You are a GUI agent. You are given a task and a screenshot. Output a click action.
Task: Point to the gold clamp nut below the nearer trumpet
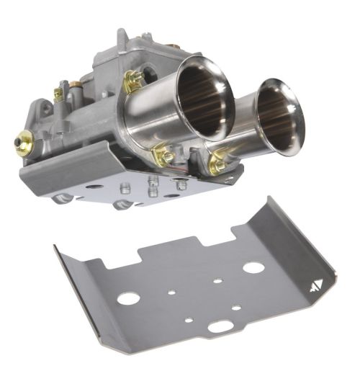point(163,155)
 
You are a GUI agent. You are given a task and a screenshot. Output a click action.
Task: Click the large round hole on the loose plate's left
point(130,297)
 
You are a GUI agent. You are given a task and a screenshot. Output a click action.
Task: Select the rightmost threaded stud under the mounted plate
point(181,185)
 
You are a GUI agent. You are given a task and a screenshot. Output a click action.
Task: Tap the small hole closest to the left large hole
point(170,293)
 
